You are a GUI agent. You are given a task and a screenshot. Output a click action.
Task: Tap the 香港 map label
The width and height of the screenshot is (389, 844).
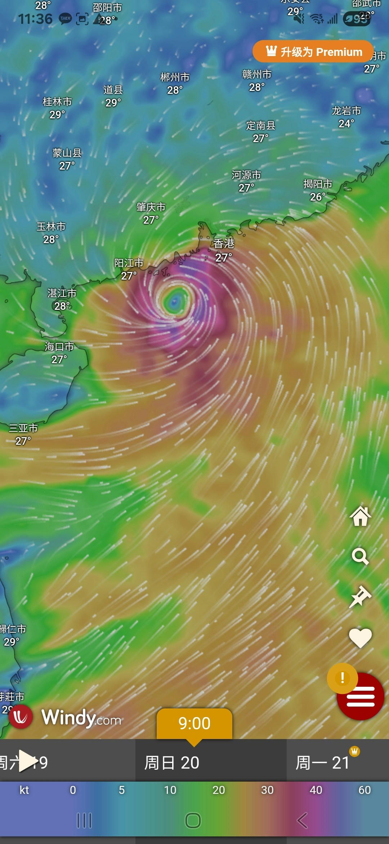tap(224, 244)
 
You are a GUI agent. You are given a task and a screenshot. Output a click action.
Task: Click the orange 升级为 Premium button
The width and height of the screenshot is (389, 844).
tap(313, 52)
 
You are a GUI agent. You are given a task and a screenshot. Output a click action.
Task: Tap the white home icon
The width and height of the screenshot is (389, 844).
tap(360, 516)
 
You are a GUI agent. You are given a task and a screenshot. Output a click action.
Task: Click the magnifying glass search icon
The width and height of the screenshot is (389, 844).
tap(360, 557)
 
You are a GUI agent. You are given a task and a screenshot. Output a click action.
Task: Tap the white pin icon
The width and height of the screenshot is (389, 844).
tap(360, 597)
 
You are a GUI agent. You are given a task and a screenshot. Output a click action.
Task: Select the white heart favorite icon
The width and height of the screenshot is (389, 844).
tap(360, 638)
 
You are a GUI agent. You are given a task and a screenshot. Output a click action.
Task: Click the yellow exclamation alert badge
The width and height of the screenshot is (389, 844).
tap(342, 678)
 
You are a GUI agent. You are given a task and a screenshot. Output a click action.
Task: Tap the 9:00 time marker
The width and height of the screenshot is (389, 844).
tap(194, 723)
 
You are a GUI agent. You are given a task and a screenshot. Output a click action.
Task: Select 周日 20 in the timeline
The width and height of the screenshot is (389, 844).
tap(172, 762)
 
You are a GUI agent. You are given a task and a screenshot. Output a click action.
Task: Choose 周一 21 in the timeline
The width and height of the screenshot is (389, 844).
tap(323, 762)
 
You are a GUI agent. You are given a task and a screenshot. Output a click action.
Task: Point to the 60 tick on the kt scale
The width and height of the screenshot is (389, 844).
tap(365, 790)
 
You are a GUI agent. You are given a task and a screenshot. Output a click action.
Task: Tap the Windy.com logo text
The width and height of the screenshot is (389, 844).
tap(81, 717)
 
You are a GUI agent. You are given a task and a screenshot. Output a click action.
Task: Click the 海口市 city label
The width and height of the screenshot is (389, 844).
tap(59, 347)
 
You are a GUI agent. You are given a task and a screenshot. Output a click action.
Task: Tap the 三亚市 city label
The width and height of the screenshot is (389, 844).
tap(23, 428)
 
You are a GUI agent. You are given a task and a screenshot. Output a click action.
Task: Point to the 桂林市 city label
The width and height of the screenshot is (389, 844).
tap(57, 102)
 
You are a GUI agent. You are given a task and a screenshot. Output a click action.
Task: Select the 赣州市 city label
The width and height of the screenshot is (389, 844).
tap(257, 75)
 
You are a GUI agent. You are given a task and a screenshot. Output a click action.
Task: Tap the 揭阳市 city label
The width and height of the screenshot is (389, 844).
tap(318, 184)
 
